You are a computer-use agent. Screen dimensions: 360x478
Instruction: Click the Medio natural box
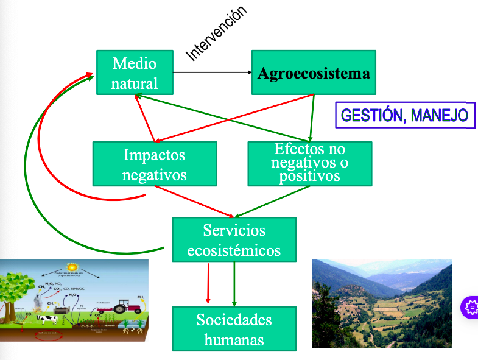click(x=135, y=72)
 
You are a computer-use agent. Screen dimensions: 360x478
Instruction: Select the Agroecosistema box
click(x=314, y=73)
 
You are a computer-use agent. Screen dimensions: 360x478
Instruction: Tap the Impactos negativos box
click(x=154, y=164)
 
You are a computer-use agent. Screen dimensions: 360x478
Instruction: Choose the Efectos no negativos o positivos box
click(x=309, y=163)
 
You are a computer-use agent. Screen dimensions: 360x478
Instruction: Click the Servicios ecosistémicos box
click(x=234, y=240)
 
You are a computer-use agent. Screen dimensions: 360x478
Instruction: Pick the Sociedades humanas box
click(x=234, y=329)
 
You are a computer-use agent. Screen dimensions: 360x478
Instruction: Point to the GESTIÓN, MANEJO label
click(x=405, y=115)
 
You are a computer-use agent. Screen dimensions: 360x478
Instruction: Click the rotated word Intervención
click(x=217, y=34)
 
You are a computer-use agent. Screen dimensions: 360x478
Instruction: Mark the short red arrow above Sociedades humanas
click(x=208, y=283)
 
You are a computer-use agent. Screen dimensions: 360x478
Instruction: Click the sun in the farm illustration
click(x=72, y=267)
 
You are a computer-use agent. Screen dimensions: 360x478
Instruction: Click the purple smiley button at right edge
click(x=470, y=307)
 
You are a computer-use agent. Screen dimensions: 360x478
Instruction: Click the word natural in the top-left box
click(x=135, y=83)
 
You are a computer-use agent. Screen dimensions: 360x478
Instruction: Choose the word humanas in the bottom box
click(x=234, y=339)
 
